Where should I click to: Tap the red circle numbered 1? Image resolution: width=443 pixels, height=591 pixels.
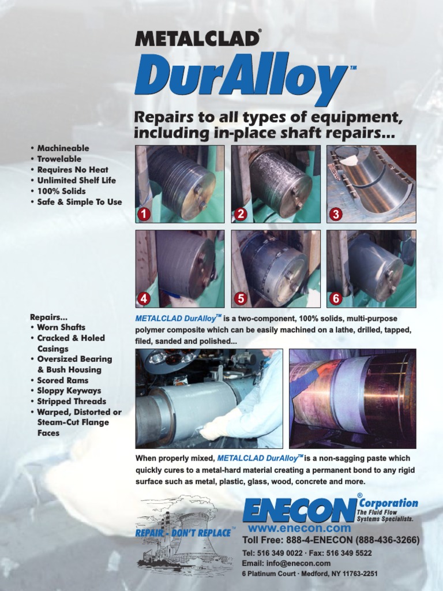pyautogui.click(x=144, y=214)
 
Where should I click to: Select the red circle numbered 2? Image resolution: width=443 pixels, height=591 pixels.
pyautogui.click(x=241, y=214)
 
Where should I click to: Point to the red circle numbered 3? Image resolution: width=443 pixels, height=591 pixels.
pyautogui.click(x=336, y=214)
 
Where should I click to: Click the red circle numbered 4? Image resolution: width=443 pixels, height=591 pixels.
pyautogui.click(x=144, y=298)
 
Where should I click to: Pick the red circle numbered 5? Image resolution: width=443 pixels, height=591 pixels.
pyautogui.click(x=241, y=298)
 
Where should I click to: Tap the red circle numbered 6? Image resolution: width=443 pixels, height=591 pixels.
pyautogui.click(x=336, y=298)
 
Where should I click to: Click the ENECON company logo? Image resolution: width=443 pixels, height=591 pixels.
pyautogui.click(x=300, y=510)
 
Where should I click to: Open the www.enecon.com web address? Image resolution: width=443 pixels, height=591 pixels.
pyautogui.click(x=299, y=528)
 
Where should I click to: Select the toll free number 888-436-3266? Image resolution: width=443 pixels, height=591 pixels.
pyautogui.click(x=388, y=541)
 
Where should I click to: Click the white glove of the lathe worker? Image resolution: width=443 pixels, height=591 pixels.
pyautogui.click(x=215, y=428)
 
